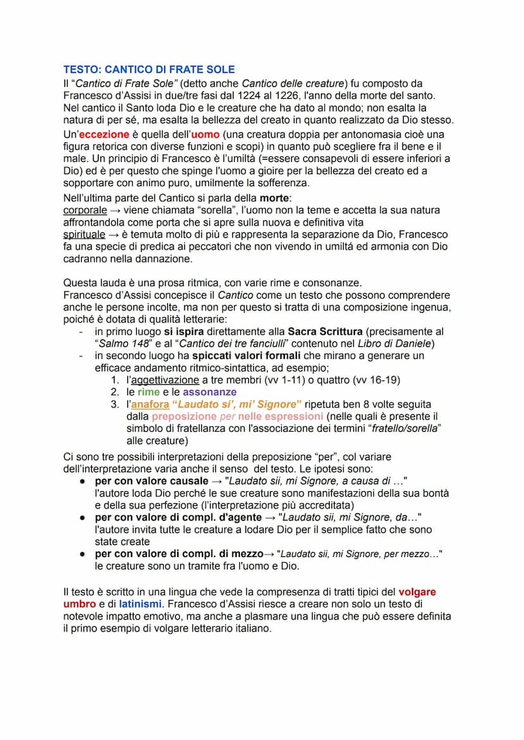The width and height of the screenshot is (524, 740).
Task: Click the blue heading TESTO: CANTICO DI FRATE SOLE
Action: (x=149, y=70)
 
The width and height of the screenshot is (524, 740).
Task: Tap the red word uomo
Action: (x=205, y=135)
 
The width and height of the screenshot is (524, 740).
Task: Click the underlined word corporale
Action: (x=85, y=210)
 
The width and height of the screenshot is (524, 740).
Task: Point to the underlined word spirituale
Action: (x=84, y=234)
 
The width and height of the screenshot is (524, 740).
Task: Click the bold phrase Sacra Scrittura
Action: (x=325, y=332)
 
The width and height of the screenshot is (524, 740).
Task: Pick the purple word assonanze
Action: (x=209, y=392)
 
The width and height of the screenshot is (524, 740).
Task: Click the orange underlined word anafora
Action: (x=150, y=404)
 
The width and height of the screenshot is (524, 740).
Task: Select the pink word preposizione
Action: (x=184, y=417)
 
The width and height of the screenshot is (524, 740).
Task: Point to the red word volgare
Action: (x=417, y=592)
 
